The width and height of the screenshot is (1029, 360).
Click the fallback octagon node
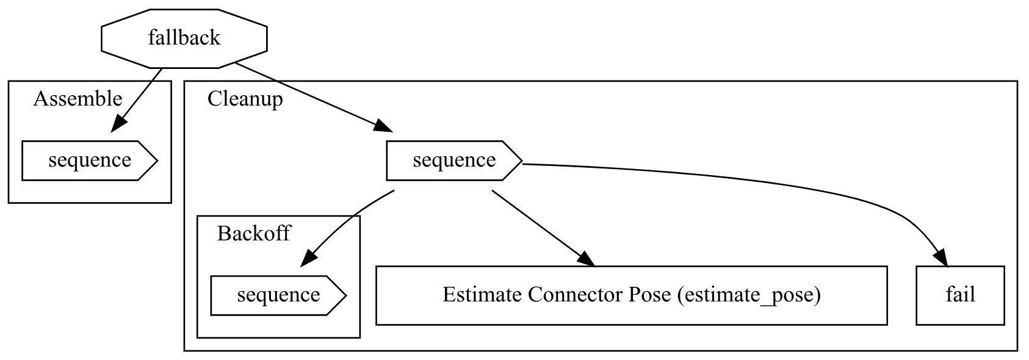[184, 38]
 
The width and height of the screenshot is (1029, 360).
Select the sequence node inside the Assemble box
[89, 160]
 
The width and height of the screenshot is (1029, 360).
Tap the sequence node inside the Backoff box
[278, 295]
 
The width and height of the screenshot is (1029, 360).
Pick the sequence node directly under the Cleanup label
[453, 160]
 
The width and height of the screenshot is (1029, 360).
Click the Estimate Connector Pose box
[631, 295]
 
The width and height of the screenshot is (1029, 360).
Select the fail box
[960, 295]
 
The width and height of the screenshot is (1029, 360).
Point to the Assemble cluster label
[78, 99]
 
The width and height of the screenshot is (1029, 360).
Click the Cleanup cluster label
[245, 99]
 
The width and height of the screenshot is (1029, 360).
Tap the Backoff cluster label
[253, 234]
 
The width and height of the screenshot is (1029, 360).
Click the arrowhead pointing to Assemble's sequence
[118, 123]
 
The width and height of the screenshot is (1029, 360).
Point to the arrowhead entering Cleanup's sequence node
[383, 126]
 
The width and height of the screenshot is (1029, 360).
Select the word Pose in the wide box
[651, 295]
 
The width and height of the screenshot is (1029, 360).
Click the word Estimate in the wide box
[482, 295]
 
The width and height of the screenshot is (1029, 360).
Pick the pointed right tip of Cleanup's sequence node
[521, 161]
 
